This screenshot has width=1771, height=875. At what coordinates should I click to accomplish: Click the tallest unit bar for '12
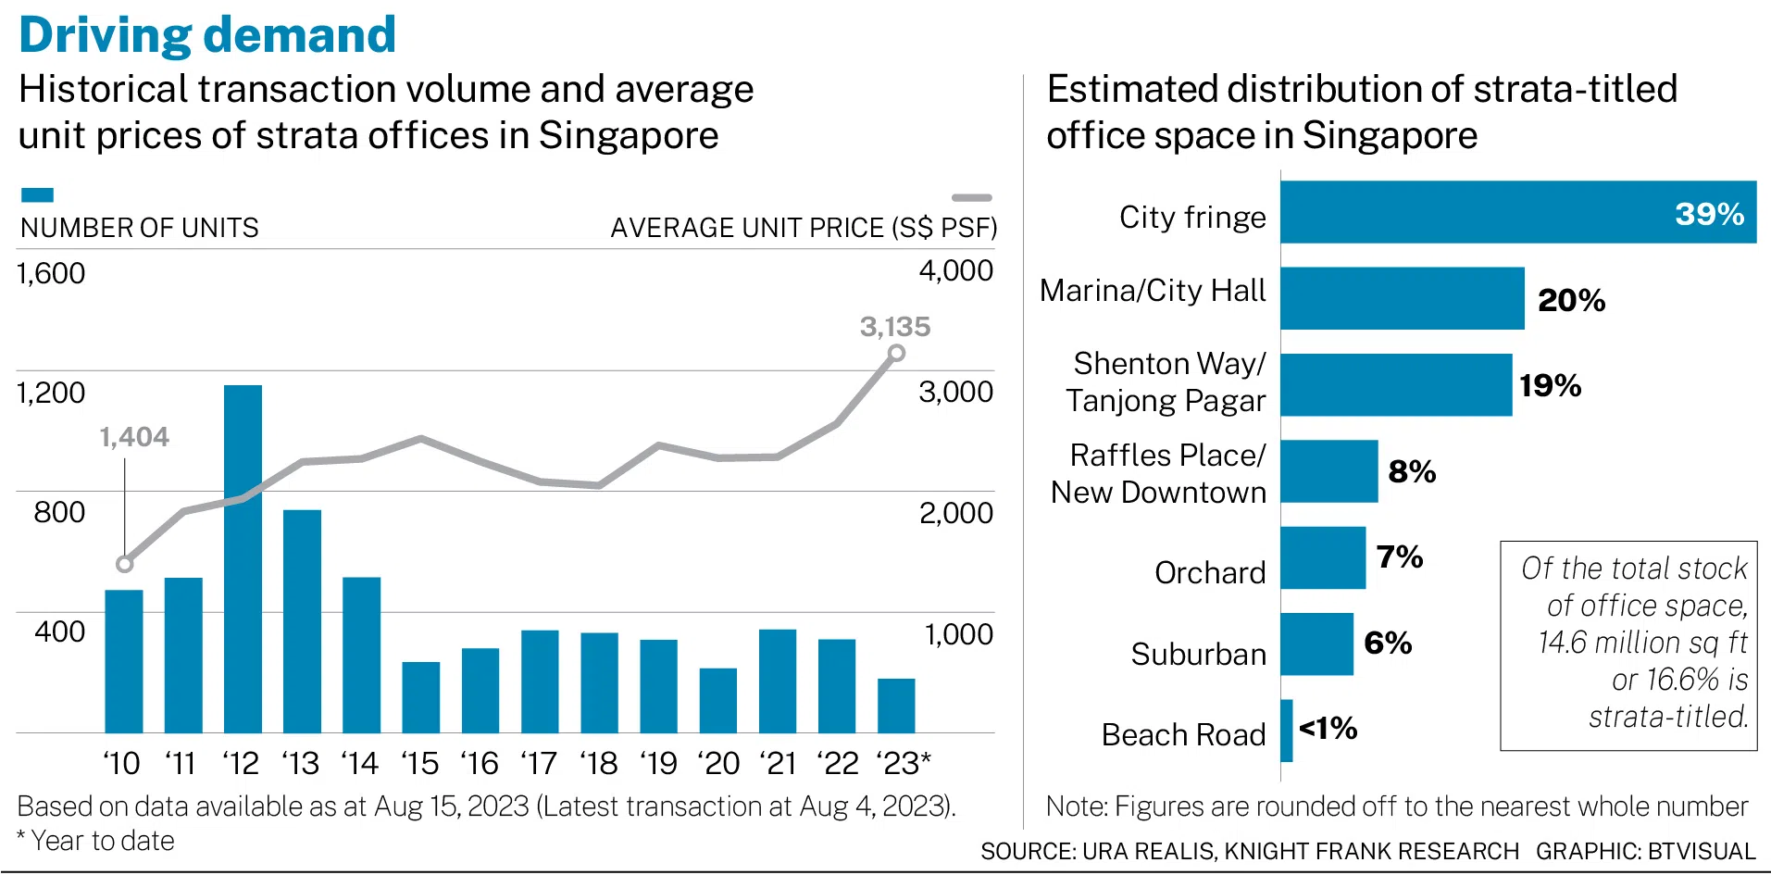pos(243,558)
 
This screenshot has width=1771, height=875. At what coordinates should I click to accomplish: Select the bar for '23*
pos(896,706)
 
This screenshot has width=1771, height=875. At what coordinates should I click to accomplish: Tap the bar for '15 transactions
pos(420,697)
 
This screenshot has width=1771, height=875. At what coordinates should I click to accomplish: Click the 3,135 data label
pos(894,327)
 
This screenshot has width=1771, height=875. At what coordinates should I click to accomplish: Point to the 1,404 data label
pos(134,437)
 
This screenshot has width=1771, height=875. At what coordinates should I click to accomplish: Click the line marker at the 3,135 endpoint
pos(896,353)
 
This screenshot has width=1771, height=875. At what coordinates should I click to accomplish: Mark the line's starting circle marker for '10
pos(125,564)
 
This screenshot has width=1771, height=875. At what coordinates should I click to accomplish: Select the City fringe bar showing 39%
pos(1518,212)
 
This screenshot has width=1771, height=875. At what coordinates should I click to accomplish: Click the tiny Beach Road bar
pos(1287,731)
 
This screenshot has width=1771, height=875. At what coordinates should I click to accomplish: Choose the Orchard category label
pos(1209,573)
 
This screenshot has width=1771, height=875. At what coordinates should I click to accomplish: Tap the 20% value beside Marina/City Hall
pos(1571,300)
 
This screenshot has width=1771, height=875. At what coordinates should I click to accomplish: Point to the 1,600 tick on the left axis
pos(51,273)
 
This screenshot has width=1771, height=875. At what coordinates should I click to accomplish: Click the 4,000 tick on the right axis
pos(955,270)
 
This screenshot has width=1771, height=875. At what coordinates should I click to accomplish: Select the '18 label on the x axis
pos(598,764)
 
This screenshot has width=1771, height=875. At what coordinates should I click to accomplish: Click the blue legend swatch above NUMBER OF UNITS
pos(37,195)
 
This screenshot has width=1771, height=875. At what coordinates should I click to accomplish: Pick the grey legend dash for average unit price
pos(971,197)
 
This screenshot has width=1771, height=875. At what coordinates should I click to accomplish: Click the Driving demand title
pos(207,35)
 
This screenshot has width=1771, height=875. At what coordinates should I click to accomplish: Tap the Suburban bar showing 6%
pos(1316,644)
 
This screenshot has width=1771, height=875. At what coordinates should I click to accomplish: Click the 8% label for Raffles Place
pos(1412,471)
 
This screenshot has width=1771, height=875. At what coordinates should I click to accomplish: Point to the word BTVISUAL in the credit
pos(1702,851)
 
